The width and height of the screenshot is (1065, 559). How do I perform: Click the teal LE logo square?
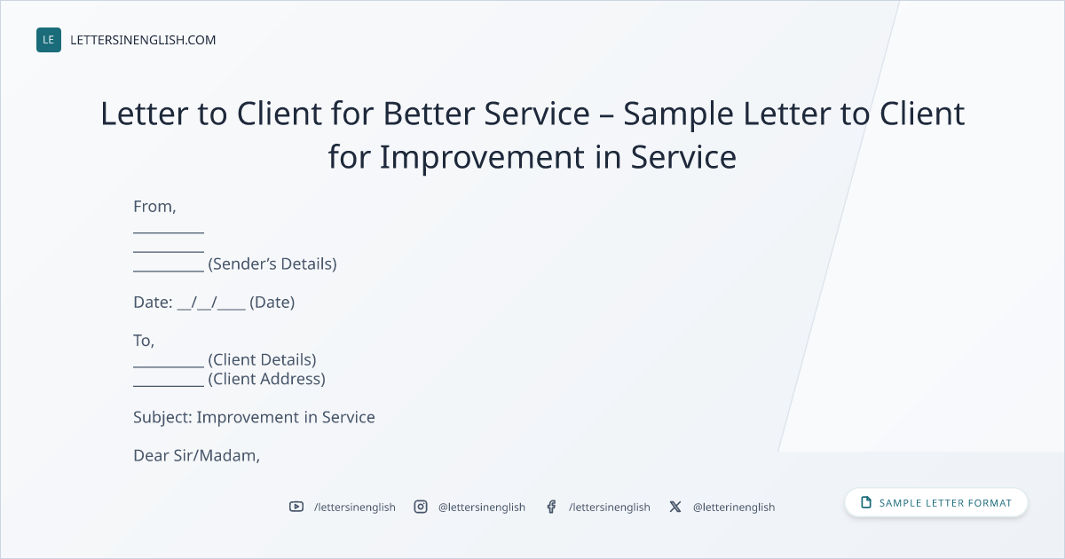pyautogui.click(x=49, y=40)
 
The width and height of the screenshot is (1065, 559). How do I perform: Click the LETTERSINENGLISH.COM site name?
pyautogui.click(x=143, y=40)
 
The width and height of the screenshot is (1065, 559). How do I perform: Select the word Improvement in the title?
pyautogui.click(x=482, y=157)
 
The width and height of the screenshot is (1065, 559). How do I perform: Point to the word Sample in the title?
pyautogui.click(x=678, y=114)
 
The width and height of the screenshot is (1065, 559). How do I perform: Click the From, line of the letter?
pyautogui.click(x=154, y=207)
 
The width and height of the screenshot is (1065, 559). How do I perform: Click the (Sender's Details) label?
pyautogui.click(x=272, y=264)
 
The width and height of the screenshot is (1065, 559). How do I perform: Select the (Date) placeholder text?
pyautogui.click(x=272, y=303)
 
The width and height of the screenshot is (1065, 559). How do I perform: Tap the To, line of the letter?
pyautogui.click(x=144, y=341)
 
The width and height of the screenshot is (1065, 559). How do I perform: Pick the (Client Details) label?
pyautogui.click(x=262, y=360)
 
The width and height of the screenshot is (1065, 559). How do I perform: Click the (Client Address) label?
pyautogui.click(x=267, y=379)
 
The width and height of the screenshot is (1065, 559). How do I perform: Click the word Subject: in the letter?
pyautogui.click(x=162, y=417)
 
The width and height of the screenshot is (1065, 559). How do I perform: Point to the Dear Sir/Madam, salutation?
pyautogui.click(x=196, y=455)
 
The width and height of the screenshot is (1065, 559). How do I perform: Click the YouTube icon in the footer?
pyautogui.click(x=296, y=507)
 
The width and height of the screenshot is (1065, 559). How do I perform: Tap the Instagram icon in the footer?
pyautogui.click(x=421, y=507)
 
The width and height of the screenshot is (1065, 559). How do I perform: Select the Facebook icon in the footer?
pyautogui.click(x=551, y=507)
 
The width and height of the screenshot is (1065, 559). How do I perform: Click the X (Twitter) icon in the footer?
pyautogui.click(x=675, y=507)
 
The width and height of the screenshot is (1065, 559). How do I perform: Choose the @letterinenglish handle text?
pyautogui.click(x=734, y=508)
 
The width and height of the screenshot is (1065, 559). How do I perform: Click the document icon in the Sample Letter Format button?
pyautogui.click(x=866, y=502)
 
